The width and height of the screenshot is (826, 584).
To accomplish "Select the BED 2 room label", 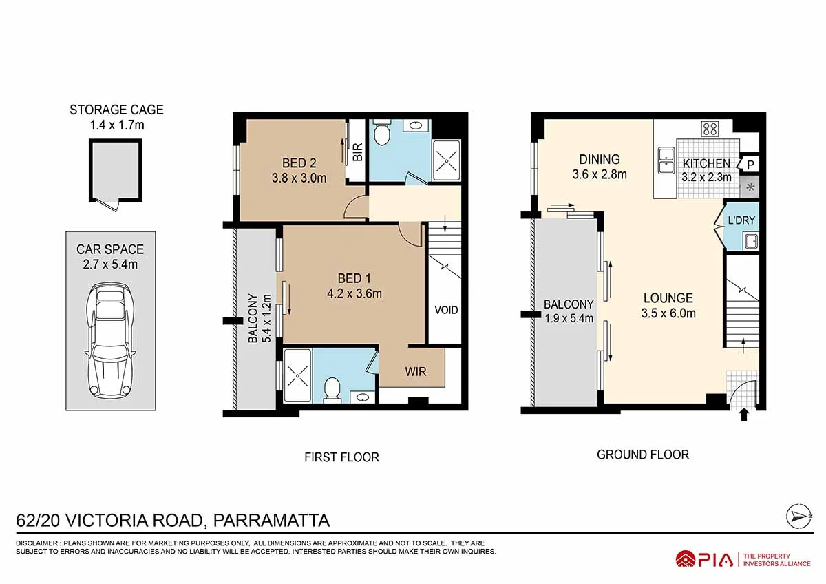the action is [299, 163].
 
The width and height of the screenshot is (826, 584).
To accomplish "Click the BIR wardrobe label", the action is [358, 152].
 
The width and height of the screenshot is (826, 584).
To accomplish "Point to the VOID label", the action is [446, 310].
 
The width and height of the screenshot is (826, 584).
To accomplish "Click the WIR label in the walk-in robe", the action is [416, 371].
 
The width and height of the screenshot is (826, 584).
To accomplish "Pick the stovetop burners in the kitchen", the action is [710, 129].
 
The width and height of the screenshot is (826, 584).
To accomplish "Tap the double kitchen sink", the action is [666, 160].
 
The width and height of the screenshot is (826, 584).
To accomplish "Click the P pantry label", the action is [750, 165].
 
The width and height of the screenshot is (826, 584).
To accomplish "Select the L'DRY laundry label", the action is [741, 220].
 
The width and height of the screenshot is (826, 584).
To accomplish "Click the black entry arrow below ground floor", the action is [744, 414].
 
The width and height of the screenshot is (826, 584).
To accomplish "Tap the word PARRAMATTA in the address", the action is [271, 521].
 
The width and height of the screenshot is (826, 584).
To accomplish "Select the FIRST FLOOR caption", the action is [341, 457].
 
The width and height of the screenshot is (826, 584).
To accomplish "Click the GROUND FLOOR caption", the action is [643, 455].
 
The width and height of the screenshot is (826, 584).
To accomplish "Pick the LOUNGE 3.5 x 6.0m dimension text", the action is [668, 313].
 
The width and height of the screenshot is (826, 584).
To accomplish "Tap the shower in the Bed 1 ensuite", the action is [297, 375].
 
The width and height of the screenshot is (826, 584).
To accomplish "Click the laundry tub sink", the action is [751, 242].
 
